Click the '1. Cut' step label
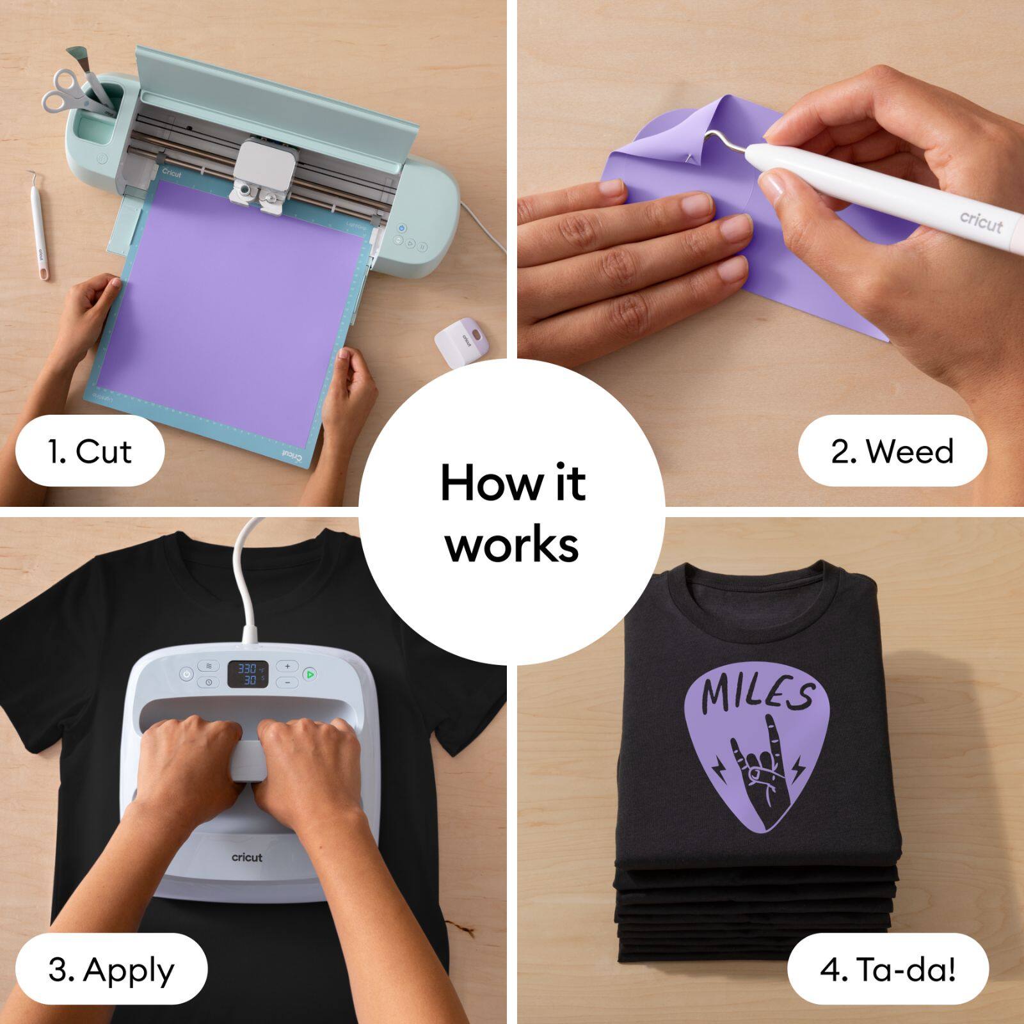click(90, 451)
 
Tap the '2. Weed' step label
click(892, 451)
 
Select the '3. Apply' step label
click(111, 970)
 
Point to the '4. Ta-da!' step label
click(888, 970)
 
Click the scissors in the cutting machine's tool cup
click(64, 90)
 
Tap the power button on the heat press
click(186, 675)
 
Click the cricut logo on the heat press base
click(247, 857)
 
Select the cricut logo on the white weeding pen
click(981, 222)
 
